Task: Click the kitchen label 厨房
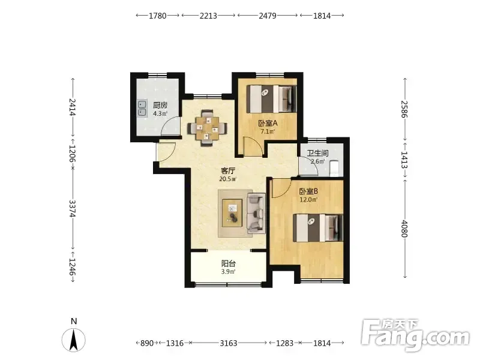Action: pos(160,106)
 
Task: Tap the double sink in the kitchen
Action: pos(142,109)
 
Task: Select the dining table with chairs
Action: pos(208,128)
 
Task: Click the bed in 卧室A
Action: pos(272,98)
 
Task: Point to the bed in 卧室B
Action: pos(318,227)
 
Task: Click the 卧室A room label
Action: pos(268,124)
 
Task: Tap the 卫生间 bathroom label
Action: pos(318,153)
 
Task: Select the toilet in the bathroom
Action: pos(335,168)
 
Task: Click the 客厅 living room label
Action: pos(228,170)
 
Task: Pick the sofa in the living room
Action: pos(256,213)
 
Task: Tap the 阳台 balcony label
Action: pos(229,263)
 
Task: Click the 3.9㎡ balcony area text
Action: pos(229,272)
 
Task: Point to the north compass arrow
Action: pos(73,340)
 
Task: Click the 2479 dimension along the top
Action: pos(268,16)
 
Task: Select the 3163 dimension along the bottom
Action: pos(229,343)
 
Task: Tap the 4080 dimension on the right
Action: pos(404,229)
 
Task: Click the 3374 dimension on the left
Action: pos(72,209)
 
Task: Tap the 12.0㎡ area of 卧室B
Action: pos(308,200)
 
